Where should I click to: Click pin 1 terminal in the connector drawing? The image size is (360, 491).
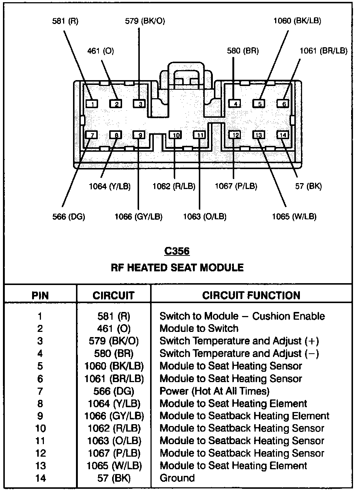pos(91,104)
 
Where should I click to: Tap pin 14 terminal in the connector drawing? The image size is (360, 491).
pos(283,135)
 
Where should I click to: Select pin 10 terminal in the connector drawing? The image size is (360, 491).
pos(176,135)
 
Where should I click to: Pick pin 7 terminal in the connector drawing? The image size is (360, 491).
pos(91,135)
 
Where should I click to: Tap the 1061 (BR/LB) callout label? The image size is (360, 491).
pos(323,51)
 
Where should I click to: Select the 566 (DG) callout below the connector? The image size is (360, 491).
pos(69,216)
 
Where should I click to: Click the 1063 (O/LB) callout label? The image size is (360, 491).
pos(205,216)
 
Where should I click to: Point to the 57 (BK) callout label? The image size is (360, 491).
pos(308,186)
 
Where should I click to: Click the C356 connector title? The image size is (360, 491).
pos(177,251)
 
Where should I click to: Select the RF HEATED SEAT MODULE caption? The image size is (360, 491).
pos(177,267)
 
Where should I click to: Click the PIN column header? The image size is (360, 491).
pos(40,295)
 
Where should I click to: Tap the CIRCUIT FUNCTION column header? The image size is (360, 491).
pos(251,295)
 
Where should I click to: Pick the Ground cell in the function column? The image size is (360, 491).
pos(177,478)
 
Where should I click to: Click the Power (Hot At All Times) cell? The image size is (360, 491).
pos(214,391)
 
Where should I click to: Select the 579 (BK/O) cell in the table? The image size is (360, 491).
pos(114,341)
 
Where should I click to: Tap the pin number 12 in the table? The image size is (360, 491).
pos(40,453)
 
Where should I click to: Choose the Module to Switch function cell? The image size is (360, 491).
pos(199,329)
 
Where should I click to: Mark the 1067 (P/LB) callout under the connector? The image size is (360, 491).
pos(236,186)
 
